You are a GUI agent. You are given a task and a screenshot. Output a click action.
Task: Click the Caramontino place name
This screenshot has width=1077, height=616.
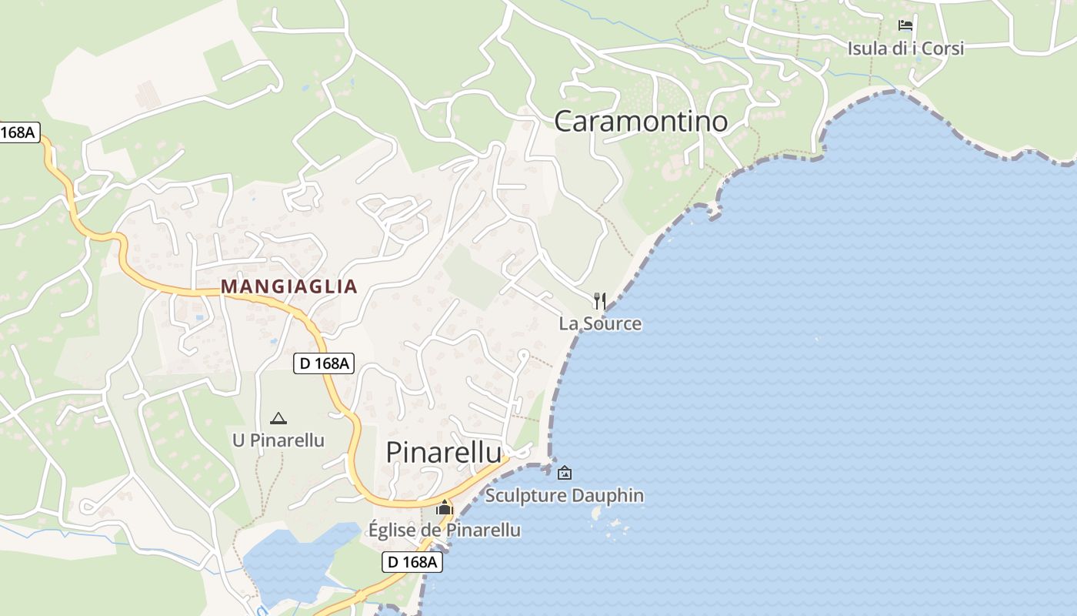[641, 122]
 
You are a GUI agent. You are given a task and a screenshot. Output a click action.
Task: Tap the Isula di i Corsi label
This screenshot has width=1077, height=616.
[905, 49]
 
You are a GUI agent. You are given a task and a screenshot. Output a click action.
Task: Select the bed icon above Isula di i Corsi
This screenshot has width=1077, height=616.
[905, 25]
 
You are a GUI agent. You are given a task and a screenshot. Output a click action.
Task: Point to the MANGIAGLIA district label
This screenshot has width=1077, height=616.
[289, 286]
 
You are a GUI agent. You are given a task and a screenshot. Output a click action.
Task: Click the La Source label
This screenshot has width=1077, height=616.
[600, 323]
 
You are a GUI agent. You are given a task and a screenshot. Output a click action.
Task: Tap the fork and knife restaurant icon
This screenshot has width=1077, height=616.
[600, 301]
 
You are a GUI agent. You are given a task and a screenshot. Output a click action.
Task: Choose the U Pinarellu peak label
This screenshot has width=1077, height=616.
[278, 440]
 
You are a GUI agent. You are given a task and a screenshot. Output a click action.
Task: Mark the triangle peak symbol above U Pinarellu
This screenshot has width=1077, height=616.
[278, 419]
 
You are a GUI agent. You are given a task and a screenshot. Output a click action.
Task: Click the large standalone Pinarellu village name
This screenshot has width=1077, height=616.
[444, 453]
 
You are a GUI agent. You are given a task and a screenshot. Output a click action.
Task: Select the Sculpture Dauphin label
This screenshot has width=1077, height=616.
[565, 495]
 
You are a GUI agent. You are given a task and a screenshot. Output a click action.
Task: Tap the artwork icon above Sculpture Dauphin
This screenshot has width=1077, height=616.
[565, 473]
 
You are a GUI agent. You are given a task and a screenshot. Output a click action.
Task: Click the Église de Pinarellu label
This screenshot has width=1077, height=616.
[445, 530]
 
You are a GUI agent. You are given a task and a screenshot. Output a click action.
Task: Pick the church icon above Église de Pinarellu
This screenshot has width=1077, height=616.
[445, 507]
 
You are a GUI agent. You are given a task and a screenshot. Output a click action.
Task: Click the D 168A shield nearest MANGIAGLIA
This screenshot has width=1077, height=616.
[324, 363]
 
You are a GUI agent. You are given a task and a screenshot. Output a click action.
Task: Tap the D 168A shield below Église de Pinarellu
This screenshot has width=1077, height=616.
[413, 562]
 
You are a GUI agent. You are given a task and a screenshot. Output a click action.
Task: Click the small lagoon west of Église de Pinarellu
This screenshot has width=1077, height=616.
[296, 562]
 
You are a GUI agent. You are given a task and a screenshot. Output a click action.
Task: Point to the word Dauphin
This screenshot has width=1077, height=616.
[611, 495]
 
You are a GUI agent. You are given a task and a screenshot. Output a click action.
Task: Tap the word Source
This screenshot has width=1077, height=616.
[612, 323]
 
